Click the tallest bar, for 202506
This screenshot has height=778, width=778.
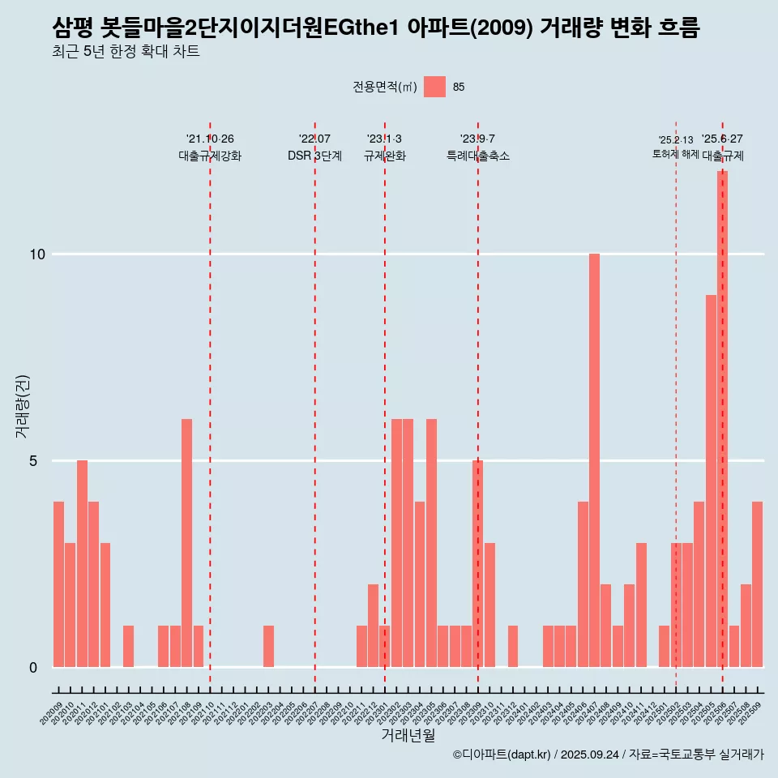coord(722,419)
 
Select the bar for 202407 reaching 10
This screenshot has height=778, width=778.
coord(594,460)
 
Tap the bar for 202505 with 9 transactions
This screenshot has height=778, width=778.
coord(711,481)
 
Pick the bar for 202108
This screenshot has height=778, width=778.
coord(186,543)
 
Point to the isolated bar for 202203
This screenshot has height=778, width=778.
coord(268,646)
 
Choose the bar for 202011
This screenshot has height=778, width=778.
coord(82,563)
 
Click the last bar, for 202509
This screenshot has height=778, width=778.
coord(757,584)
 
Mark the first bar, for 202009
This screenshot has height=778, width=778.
coord(58,584)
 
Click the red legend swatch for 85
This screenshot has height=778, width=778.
coord(434,87)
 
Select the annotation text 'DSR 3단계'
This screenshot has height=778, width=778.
coord(314,156)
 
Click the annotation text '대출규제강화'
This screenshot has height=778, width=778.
coord(210,156)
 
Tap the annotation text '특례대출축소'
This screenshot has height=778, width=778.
coord(478,156)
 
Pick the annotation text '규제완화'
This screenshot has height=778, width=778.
coord(384,156)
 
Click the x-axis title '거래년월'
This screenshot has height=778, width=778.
coord(408,735)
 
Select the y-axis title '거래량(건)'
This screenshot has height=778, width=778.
coord(23,405)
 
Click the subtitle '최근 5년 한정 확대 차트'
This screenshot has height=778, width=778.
coord(126,52)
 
